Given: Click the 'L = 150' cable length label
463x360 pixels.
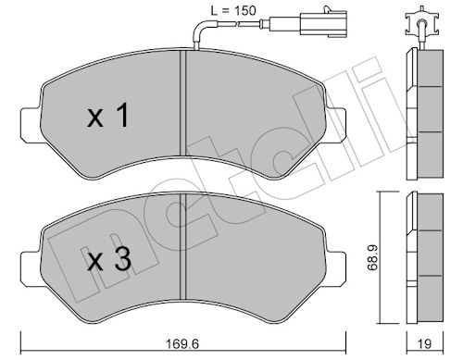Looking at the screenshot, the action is click(x=233, y=11).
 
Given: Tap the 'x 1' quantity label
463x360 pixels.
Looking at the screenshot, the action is click(x=108, y=116).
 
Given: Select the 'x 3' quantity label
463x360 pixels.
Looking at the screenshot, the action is click(x=109, y=259).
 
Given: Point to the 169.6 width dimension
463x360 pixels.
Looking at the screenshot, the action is click(x=183, y=343).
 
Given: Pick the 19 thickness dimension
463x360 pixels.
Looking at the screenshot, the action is click(x=425, y=343).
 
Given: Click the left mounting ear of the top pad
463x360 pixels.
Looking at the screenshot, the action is click(x=31, y=125).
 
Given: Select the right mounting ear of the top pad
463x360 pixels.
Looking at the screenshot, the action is click(x=335, y=125).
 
